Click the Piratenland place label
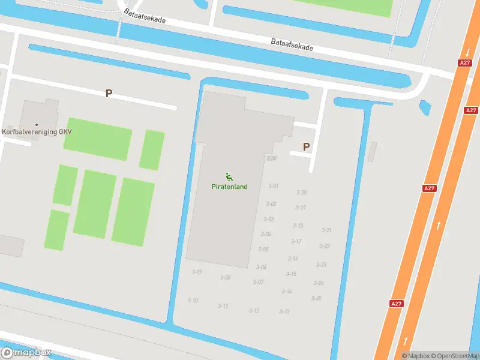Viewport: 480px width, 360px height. pyautogui.click(x=229, y=187)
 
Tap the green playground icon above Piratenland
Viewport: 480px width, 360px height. pyautogui.click(x=229, y=176)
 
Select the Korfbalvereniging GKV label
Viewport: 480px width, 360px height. pyautogui.click(x=36, y=131)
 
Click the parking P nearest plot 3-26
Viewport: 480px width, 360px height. pyautogui.click(x=306, y=146)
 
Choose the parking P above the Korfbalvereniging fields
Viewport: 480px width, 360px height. pyautogui.click(x=109, y=93)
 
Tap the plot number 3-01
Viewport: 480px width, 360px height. pyautogui.click(x=273, y=186)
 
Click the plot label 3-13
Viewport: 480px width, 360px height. pyautogui.click(x=284, y=311)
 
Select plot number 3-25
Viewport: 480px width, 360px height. pyautogui.click(x=316, y=298)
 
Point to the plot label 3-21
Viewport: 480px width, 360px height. pyautogui.click(x=326, y=230)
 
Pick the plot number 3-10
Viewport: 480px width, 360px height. pyautogui.click(x=193, y=300)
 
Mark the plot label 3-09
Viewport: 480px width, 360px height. pyautogui.click(x=197, y=272)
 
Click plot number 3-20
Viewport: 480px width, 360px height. pyautogui.click(x=302, y=193)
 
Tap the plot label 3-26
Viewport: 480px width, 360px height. pyautogui.click(x=271, y=158)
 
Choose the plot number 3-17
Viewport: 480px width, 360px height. pyautogui.click(x=296, y=241)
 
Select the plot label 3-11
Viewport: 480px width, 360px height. pyautogui.click(x=223, y=306)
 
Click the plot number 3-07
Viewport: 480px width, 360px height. pyautogui.click(x=258, y=282)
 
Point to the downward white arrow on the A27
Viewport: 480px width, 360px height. pyautogui.click(x=467, y=52)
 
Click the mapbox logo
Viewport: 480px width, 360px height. pyautogui.click(x=26, y=353)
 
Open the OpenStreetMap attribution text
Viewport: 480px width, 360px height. pyautogui.click(x=454, y=356)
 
